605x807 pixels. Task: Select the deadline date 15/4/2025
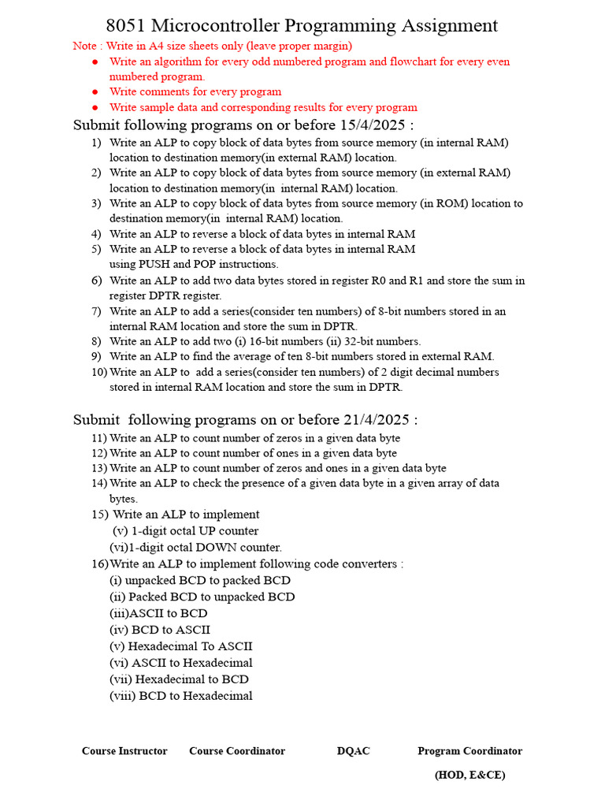click(375, 125)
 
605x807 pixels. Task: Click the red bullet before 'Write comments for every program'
click(95, 92)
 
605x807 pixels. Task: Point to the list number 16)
click(100, 563)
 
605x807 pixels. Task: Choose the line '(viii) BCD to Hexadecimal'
click(181, 696)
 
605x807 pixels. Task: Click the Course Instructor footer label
click(124, 751)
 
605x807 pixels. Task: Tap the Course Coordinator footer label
click(237, 751)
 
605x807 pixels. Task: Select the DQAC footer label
click(353, 751)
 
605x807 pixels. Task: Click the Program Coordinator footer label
click(470, 751)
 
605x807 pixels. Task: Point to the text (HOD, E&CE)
click(470, 775)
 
